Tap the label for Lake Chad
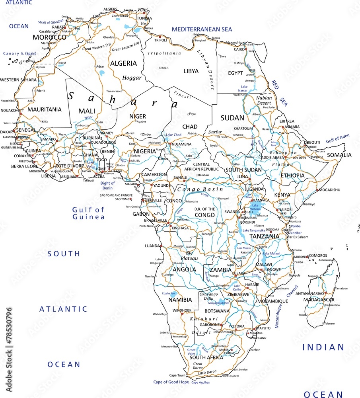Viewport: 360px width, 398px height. (x=173, y=135)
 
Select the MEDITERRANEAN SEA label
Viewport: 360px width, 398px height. (x=202, y=29)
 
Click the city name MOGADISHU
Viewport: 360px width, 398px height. (x=329, y=190)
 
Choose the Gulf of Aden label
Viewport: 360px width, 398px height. (x=338, y=138)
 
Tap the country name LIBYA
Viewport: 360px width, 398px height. (x=191, y=71)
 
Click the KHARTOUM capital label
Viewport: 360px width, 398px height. (x=243, y=129)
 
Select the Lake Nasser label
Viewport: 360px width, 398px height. (x=243, y=88)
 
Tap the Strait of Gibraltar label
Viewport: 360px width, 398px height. (x=51, y=22)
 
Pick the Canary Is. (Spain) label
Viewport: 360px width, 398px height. (x=19, y=53)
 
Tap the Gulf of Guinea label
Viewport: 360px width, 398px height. (x=88, y=213)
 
